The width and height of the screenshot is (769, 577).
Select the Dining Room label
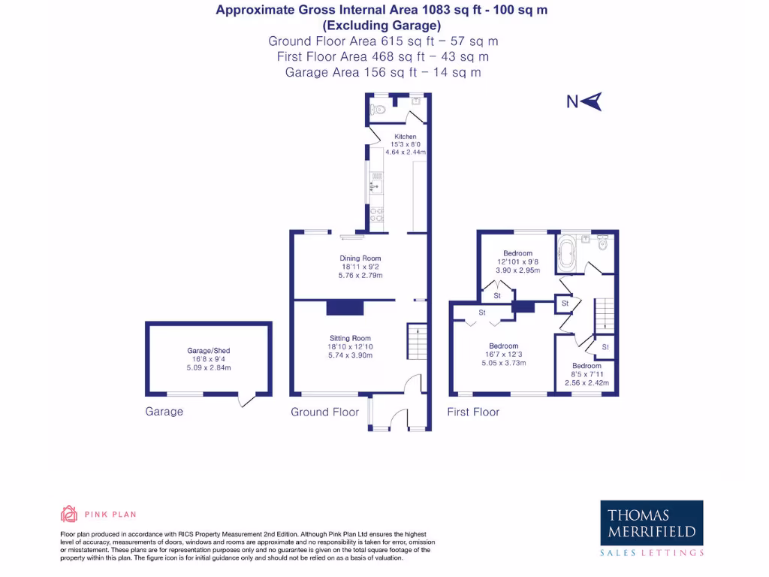pos(360,258)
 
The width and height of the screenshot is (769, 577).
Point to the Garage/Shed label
pos(209,351)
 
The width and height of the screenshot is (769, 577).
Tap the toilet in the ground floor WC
pos(378,110)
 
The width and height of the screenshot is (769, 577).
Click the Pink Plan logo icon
pos(69,514)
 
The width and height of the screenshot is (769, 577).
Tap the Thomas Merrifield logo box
pos(652,524)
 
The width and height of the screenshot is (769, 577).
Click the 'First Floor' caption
pos(473,412)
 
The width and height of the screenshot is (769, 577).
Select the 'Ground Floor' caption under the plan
pos(321,412)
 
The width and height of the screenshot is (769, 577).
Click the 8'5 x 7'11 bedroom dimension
pos(587,374)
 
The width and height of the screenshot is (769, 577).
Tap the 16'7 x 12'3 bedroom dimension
pos(504,355)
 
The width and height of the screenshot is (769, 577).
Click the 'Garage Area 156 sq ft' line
pos(383,72)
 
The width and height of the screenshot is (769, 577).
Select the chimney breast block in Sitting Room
pos(345,308)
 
